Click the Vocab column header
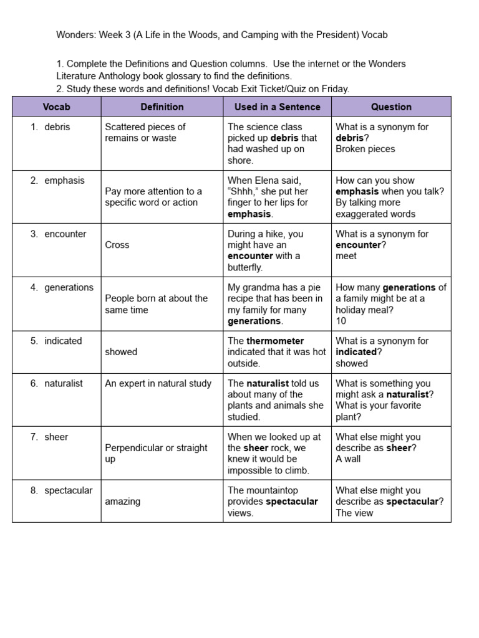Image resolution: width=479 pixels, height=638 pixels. point(56,107)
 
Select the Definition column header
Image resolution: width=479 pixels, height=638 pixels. point(162,107)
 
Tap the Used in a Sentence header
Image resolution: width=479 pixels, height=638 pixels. point(277,107)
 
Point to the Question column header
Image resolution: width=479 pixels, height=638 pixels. point(391,107)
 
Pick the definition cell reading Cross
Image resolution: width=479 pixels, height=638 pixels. point(117,245)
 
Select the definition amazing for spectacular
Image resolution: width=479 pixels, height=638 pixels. point(123,502)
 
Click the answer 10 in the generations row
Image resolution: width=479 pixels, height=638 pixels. point(341,321)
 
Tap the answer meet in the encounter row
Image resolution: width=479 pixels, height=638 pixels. point(346,256)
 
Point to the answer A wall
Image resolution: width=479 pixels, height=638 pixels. point(348,459)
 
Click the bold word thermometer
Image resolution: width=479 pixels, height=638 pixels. point(275,341)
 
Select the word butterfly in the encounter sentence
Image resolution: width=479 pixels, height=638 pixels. point(245,267)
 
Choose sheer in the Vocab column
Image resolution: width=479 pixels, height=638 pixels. point(56,437)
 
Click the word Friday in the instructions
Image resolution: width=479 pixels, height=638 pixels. point(334,89)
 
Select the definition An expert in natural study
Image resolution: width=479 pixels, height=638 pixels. point(158,383)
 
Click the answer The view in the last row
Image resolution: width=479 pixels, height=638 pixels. point(354,513)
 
